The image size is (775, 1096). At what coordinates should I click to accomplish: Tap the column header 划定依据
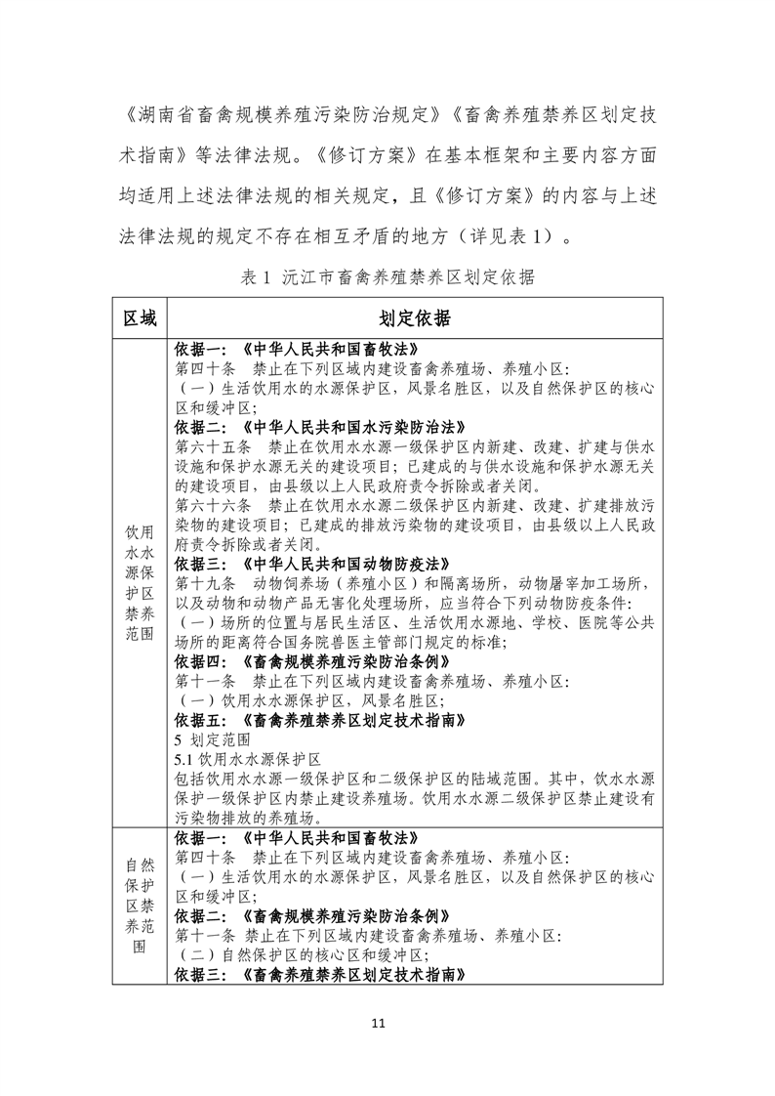[415, 318]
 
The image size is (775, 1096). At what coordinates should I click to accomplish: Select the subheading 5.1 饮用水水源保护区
[248, 760]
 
